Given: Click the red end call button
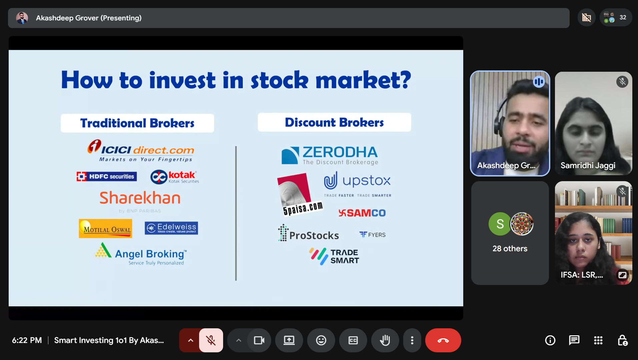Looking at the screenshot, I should click(443, 340).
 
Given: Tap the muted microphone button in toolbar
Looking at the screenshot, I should click(211, 340).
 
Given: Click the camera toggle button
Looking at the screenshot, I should click(259, 340).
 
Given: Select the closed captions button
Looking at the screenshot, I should click(353, 340).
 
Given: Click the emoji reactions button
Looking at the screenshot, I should click(321, 340).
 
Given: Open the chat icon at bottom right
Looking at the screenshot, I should click(574, 340).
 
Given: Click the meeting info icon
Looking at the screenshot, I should click(550, 340).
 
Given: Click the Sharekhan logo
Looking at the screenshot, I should click(140, 199).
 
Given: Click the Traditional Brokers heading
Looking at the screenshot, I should click(137, 123).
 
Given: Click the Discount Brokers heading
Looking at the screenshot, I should click(334, 122).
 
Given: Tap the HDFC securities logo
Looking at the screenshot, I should click(106, 176).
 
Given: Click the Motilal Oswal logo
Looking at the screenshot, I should click(105, 229).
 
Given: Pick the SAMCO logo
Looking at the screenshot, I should click(362, 213).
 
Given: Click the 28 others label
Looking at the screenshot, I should click(510, 249).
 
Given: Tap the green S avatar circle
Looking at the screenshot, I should click(500, 224).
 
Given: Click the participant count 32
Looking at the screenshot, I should click(622, 17).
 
